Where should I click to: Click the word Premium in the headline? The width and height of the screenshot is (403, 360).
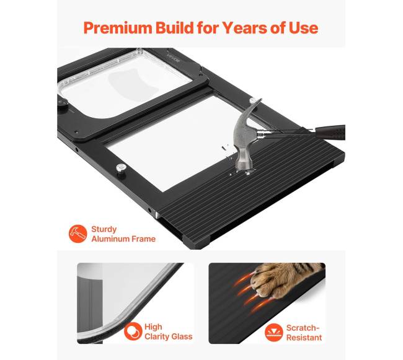click(x=117, y=28)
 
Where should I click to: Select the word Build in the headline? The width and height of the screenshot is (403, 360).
click(x=174, y=27)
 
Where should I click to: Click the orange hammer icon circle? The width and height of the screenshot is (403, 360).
click(x=78, y=234)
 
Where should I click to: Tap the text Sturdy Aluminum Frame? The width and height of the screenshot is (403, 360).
click(x=123, y=234)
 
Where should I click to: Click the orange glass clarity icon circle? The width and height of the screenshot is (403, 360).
click(x=133, y=331)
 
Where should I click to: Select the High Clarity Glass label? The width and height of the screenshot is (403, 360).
click(x=169, y=331)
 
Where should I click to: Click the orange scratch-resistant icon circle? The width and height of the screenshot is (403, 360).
click(x=274, y=332)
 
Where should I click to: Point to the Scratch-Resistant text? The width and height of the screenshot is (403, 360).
click(x=304, y=333)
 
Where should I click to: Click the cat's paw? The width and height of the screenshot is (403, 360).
click(x=283, y=281)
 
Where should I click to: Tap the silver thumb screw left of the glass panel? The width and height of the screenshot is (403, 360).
click(x=120, y=168)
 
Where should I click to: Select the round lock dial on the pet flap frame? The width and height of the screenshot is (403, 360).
click(x=62, y=103)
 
